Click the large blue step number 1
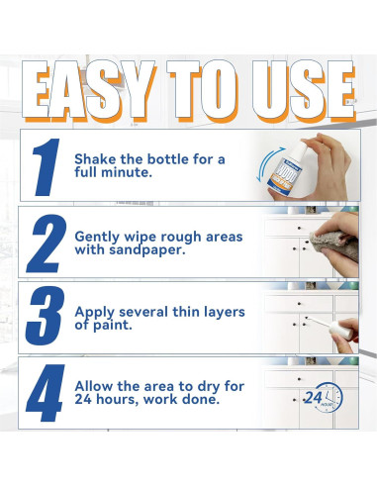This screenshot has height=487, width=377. coord(47,167)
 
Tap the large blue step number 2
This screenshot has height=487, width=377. coord(47,243)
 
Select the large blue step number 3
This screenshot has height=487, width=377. coord(45,316)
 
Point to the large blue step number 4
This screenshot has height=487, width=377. coord(46,393)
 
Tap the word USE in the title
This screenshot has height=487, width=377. coord(304,90)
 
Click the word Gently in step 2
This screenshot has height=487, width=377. coord(97,238)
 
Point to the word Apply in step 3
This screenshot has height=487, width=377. coord(95,313)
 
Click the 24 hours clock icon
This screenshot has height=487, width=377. coord(324,397)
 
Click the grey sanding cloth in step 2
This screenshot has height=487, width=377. coord(333,244)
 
